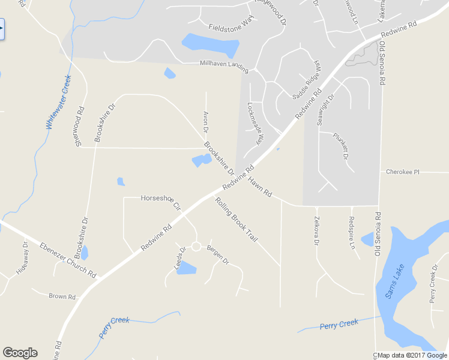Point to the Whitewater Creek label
click(x=59, y=102)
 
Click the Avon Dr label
click(x=205, y=122)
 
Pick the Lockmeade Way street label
click(x=255, y=123)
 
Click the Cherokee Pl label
click(x=402, y=172)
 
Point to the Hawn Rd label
click(x=261, y=187)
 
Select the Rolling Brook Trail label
click(x=237, y=220)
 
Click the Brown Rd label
click(x=62, y=296)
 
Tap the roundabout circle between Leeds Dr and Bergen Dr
click(x=196, y=246)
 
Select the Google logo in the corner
click(x=20, y=353)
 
